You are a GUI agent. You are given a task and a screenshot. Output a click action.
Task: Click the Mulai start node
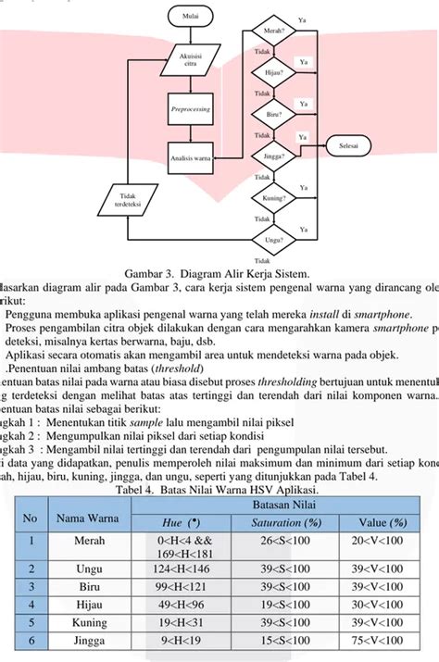190,16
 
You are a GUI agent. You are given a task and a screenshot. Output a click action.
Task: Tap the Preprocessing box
191,109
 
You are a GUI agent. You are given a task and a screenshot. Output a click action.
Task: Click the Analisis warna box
191,156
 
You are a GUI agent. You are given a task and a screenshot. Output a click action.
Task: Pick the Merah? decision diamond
274,31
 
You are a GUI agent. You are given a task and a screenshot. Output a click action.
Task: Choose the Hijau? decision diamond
274,72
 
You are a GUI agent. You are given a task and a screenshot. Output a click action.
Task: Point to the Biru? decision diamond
274,114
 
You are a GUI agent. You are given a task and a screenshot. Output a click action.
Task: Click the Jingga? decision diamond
274,156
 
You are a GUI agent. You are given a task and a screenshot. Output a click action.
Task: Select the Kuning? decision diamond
274,198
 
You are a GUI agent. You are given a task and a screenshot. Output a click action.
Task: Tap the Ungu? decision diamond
274,239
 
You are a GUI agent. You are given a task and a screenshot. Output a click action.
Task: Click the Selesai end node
349,145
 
